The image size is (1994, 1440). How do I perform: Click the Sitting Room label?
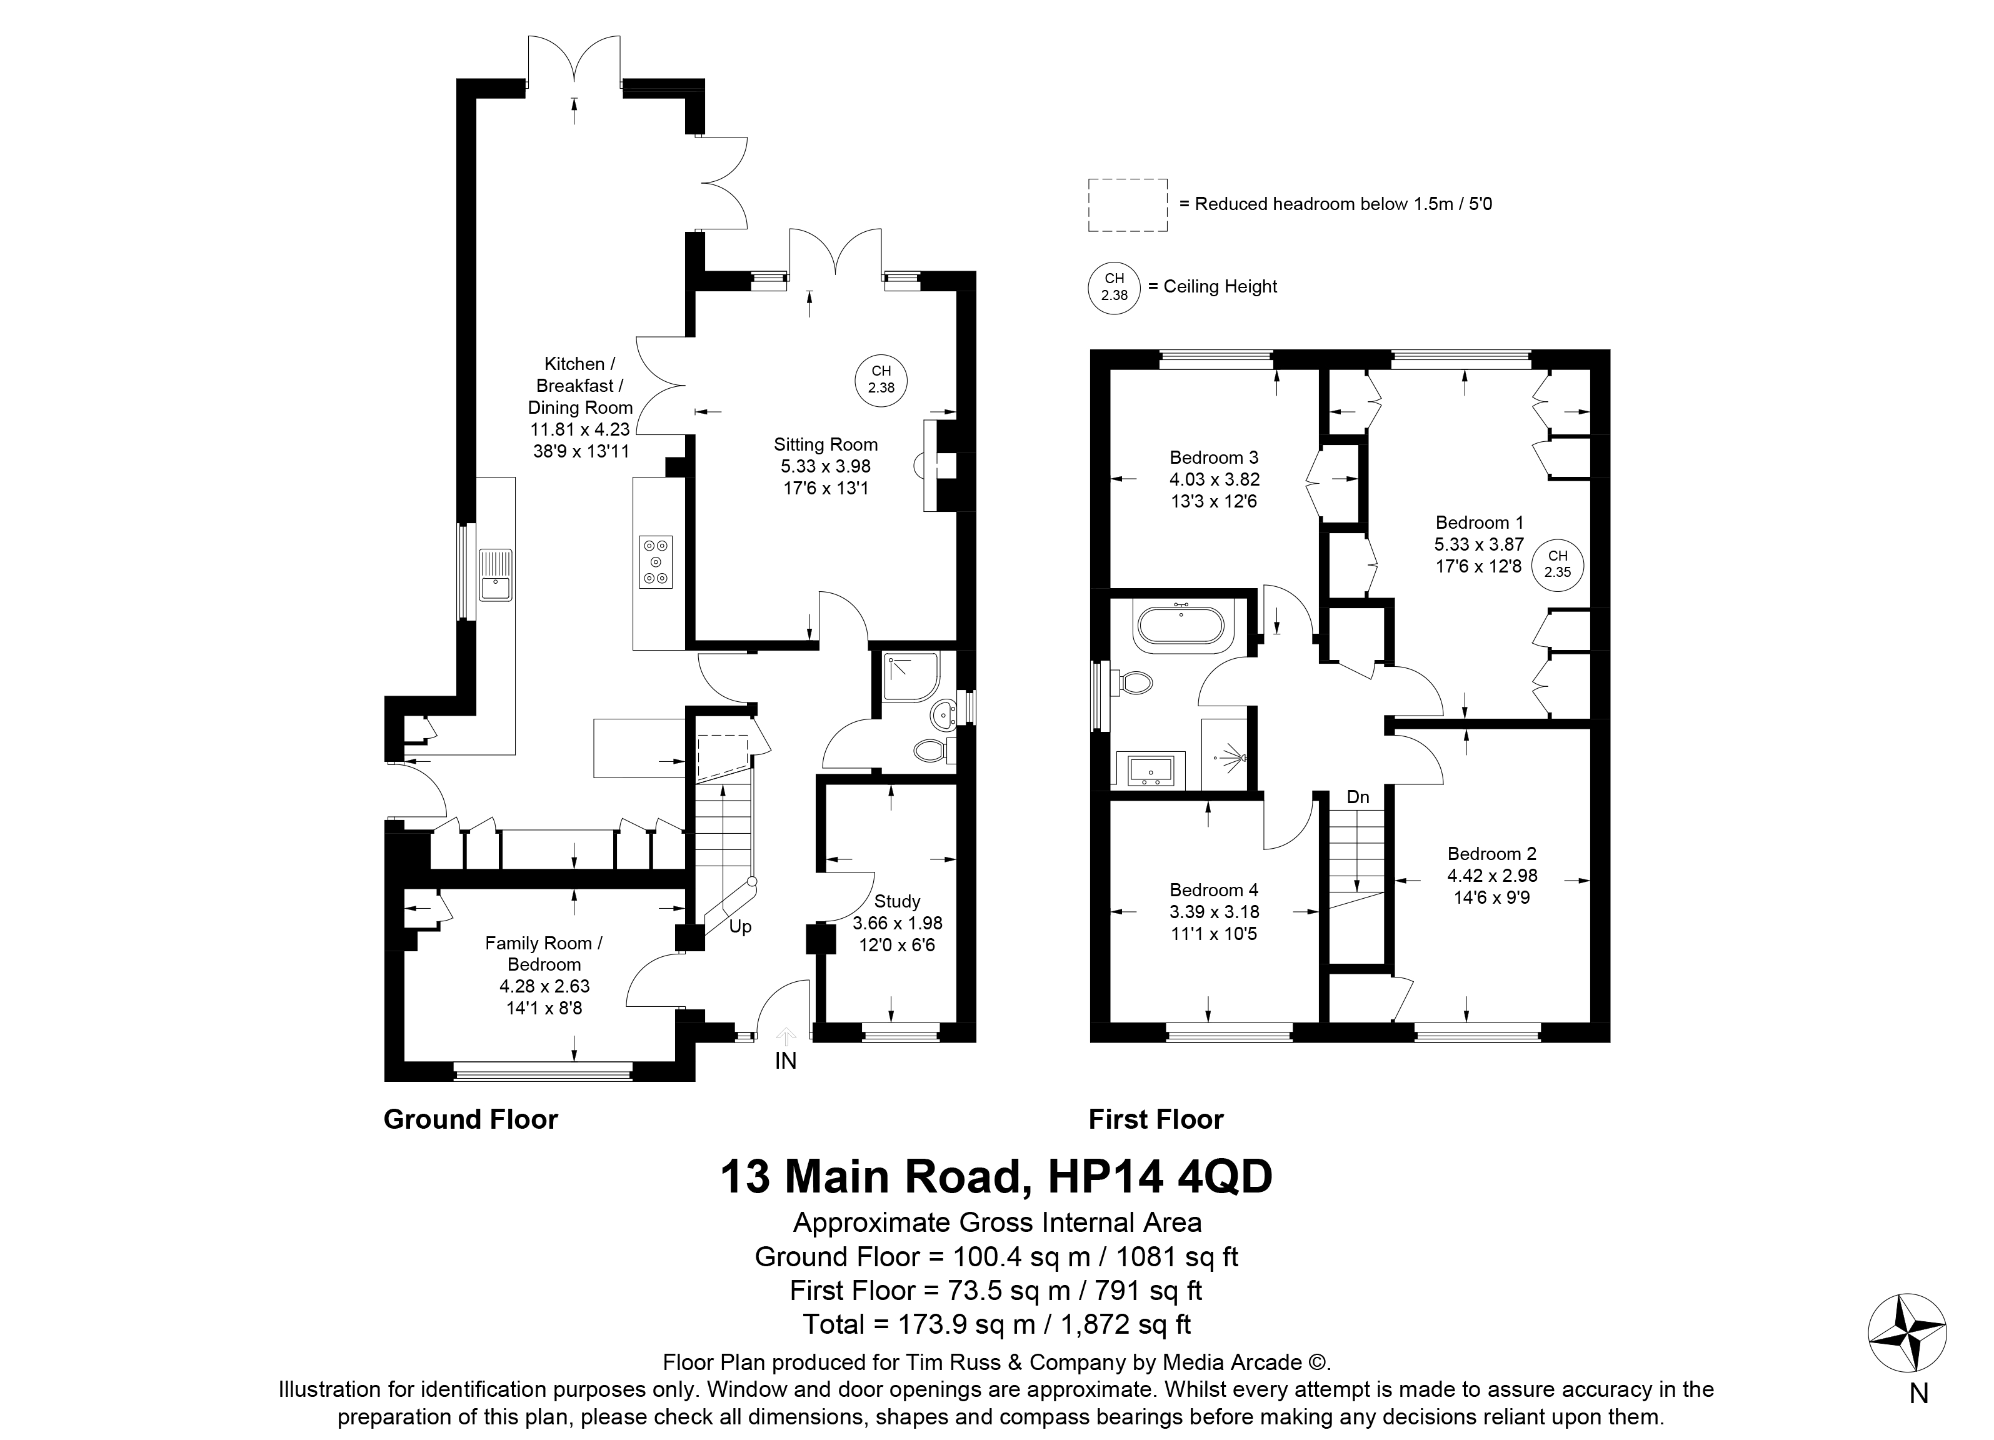[826, 445]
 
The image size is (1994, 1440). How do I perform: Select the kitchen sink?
[495, 574]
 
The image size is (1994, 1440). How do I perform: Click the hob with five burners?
[656, 562]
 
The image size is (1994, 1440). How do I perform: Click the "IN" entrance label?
[785, 1061]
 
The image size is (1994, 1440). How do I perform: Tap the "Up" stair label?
[740, 927]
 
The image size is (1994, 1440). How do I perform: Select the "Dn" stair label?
[1358, 797]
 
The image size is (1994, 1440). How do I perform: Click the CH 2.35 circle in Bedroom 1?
[1558, 564]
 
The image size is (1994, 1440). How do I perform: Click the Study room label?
[898, 901]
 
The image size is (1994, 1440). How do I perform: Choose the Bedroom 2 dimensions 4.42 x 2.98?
[1493, 876]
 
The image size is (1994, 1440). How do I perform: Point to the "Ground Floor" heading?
[470, 1119]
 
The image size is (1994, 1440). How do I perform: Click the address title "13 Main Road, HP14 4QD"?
[996, 1176]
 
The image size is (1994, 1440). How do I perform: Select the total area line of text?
[996, 1323]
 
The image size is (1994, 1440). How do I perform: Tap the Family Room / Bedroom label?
[543, 954]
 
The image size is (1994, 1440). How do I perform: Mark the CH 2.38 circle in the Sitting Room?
[881, 382]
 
